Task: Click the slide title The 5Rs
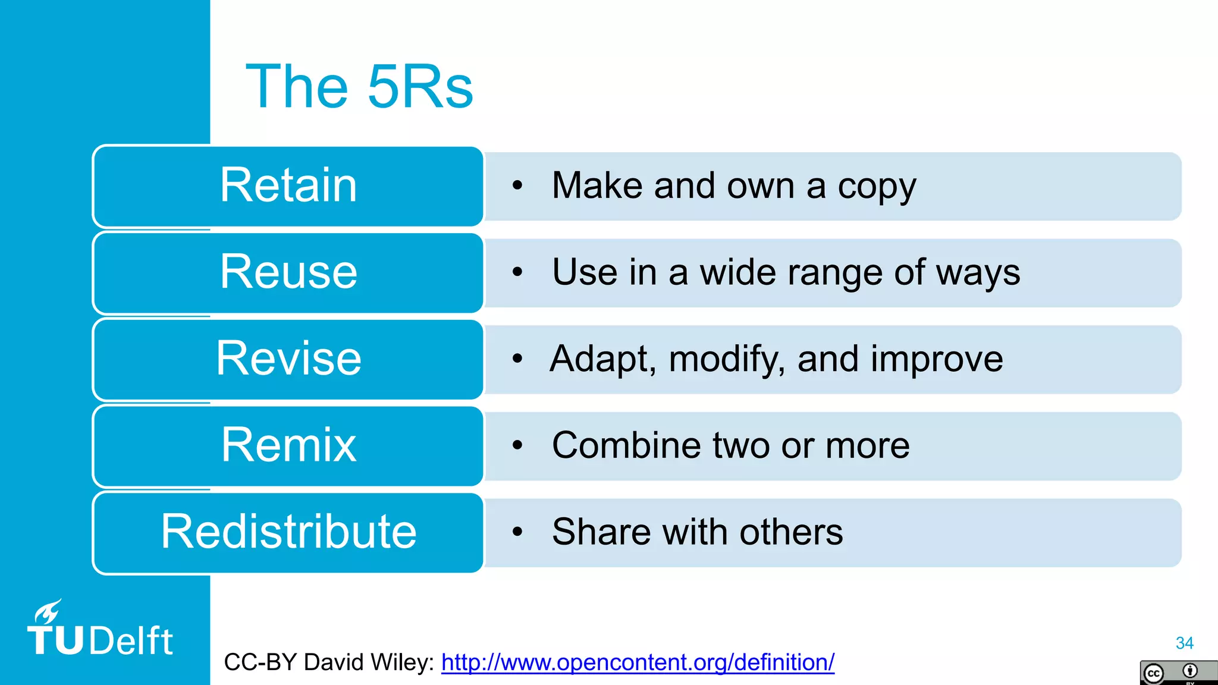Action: point(359,87)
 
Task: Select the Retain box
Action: point(288,186)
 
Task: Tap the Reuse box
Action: point(288,272)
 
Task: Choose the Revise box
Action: point(288,359)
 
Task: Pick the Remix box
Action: point(288,445)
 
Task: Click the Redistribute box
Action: point(288,532)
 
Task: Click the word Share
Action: point(601,532)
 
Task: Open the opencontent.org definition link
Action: point(638,662)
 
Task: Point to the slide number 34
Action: point(1184,643)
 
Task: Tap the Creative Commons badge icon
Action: point(1178,673)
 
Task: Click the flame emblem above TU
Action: point(48,612)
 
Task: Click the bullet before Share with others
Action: point(517,532)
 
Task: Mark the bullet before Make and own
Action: point(517,186)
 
